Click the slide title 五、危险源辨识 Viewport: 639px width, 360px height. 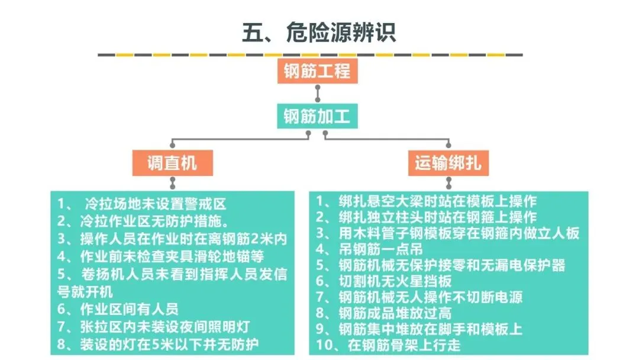click(x=319, y=32)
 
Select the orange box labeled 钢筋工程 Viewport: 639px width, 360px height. click(x=317, y=71)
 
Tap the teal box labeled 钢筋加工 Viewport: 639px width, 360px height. click(x=317, y=115)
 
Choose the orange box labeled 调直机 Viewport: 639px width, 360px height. click(x=172, y=163)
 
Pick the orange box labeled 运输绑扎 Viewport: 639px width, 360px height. click(x=447, y=163)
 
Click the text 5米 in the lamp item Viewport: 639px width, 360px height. click(x=187, y=344)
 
